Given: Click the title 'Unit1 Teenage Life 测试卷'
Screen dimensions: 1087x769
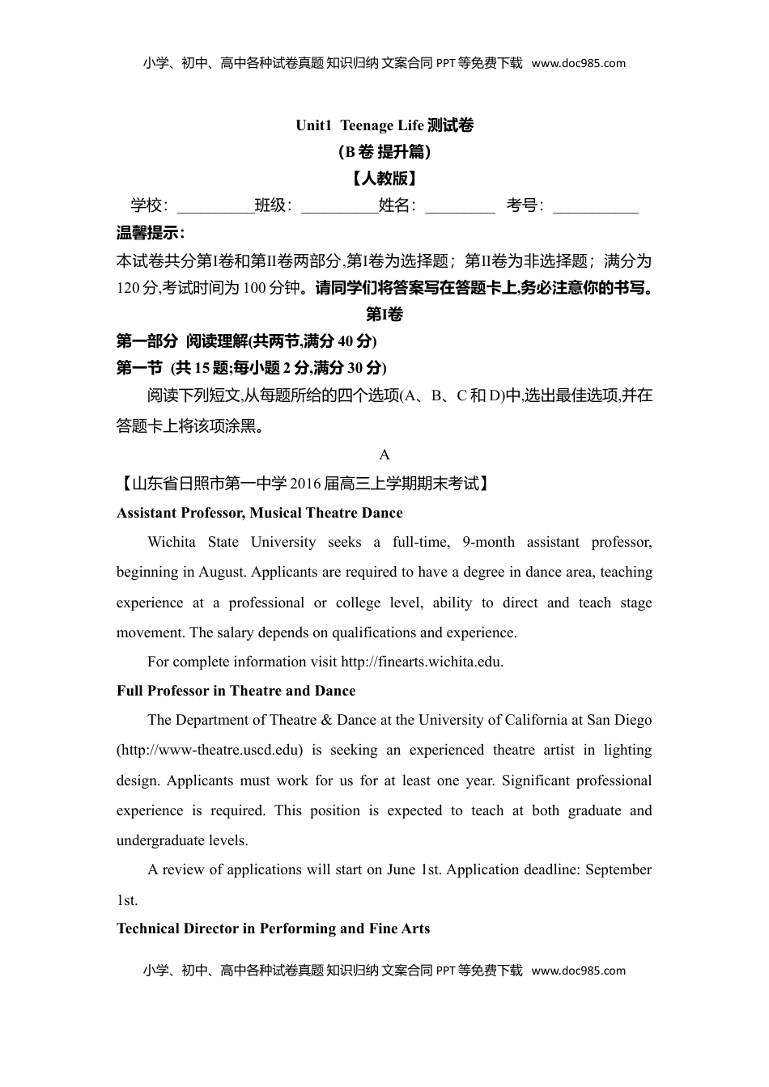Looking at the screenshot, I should pos(384,125).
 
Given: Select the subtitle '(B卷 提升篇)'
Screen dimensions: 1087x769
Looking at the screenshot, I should pos(384,151).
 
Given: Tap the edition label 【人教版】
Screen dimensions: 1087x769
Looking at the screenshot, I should pos(384,178).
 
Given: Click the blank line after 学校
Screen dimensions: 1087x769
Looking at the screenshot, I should pos(215,207).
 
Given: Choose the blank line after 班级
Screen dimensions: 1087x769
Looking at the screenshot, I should pos(339,207).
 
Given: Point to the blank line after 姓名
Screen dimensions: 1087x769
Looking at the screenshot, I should pos(460,207).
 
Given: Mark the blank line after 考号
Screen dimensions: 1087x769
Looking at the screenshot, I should pos(596,207).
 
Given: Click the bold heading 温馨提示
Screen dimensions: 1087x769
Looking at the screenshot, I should pos(151,233).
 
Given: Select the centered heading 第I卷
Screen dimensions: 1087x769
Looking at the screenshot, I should pos(384,315).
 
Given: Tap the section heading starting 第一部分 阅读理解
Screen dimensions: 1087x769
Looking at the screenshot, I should pos(246,340).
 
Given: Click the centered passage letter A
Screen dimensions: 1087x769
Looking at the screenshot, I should pos(384,455).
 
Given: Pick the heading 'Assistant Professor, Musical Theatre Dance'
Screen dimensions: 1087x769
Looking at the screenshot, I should pos(259,513).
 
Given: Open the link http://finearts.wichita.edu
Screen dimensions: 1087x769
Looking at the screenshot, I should pos(422,662).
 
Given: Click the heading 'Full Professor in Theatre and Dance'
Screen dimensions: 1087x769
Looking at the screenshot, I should pos(236,691).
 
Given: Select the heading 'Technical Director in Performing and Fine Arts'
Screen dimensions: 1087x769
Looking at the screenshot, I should pos(273,928).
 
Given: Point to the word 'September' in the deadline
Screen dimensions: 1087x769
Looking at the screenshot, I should pos(618,869).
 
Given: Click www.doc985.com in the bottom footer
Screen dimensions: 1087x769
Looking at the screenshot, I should pos(579,971).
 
